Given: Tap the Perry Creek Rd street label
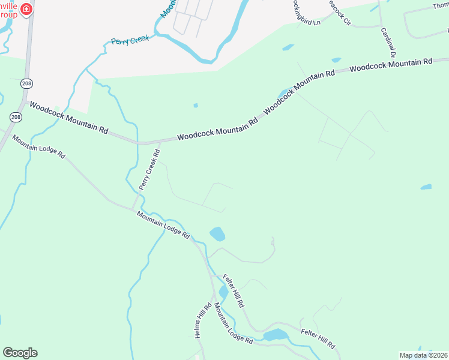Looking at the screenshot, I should click(149, 170).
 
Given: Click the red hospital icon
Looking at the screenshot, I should click(26, 10).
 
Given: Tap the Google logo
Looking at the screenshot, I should click(20, 353).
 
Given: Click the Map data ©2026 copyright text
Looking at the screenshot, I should click(423, 355).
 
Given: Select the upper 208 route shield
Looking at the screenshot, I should click(26, 82).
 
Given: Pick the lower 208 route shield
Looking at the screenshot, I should click(16, 116).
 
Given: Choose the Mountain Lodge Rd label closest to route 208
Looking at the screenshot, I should click(38, 146).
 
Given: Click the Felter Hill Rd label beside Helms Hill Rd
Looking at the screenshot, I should click(234, 291).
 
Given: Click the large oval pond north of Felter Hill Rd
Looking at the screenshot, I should click(217, 233).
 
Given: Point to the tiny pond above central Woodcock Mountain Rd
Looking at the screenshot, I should click(196, 106).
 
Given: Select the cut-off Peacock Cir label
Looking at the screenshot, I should click(339, 13).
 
